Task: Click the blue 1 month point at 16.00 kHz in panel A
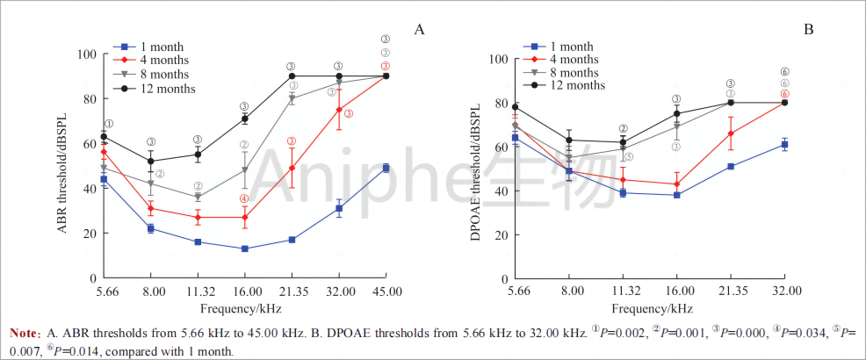244,248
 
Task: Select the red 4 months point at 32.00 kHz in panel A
338,110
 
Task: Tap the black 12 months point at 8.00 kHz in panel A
151,162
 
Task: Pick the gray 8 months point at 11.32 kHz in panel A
198,197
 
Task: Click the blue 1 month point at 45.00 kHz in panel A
386,168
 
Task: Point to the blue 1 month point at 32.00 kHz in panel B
784,144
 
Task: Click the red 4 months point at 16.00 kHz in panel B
676,184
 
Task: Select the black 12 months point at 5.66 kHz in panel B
515,107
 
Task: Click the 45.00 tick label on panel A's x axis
386,292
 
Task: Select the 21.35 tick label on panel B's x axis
731,292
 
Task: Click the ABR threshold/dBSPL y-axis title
63,167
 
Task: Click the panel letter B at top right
809,30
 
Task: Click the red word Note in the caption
24,334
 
